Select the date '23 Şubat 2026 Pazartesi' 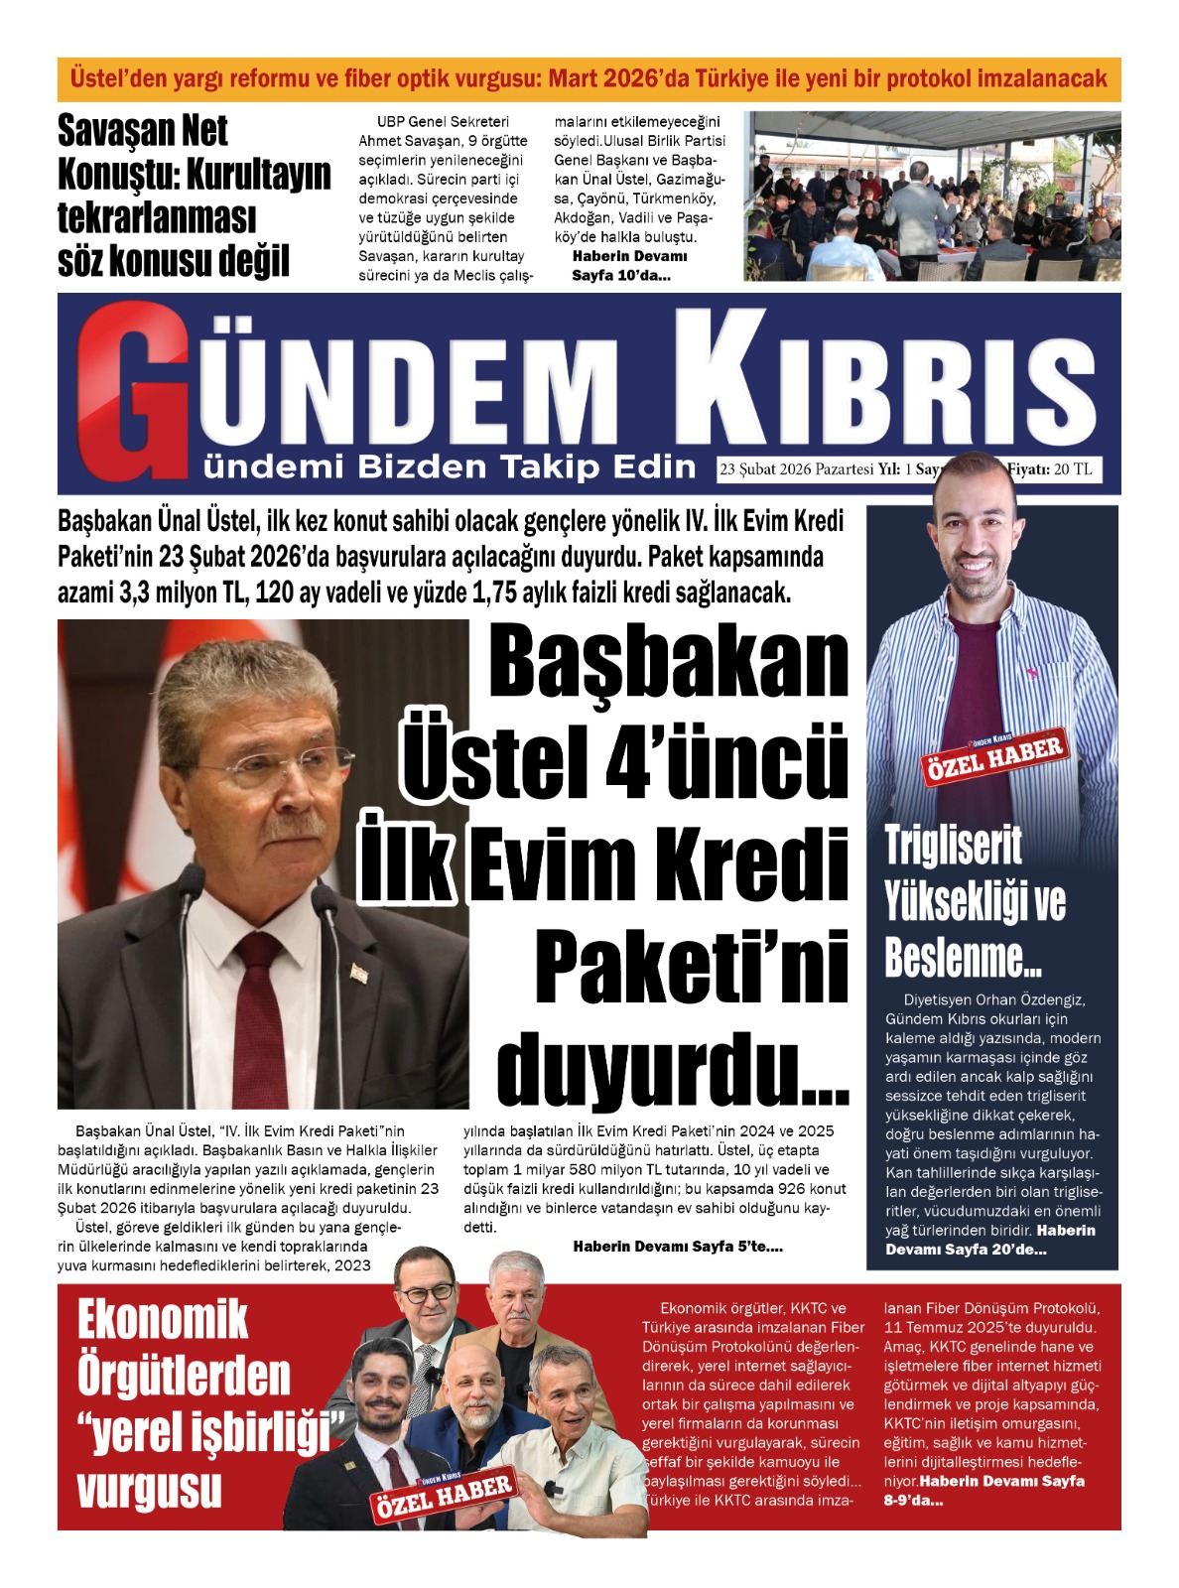pyautogui.click(x=797, y=469)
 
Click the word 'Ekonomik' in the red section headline pyautogui.click(x=163, y=1320)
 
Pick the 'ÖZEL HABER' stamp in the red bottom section pyautogui.click(x=444, y=1495)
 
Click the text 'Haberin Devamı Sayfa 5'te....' pyautogui.click(x=678, y=1247)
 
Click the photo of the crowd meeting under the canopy pyautogui.click(x=932, y=197)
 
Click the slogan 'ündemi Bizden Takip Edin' pyautogui.click(x=450, y=466)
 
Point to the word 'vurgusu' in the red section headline pyautogui.click(x=149, y=1489)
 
